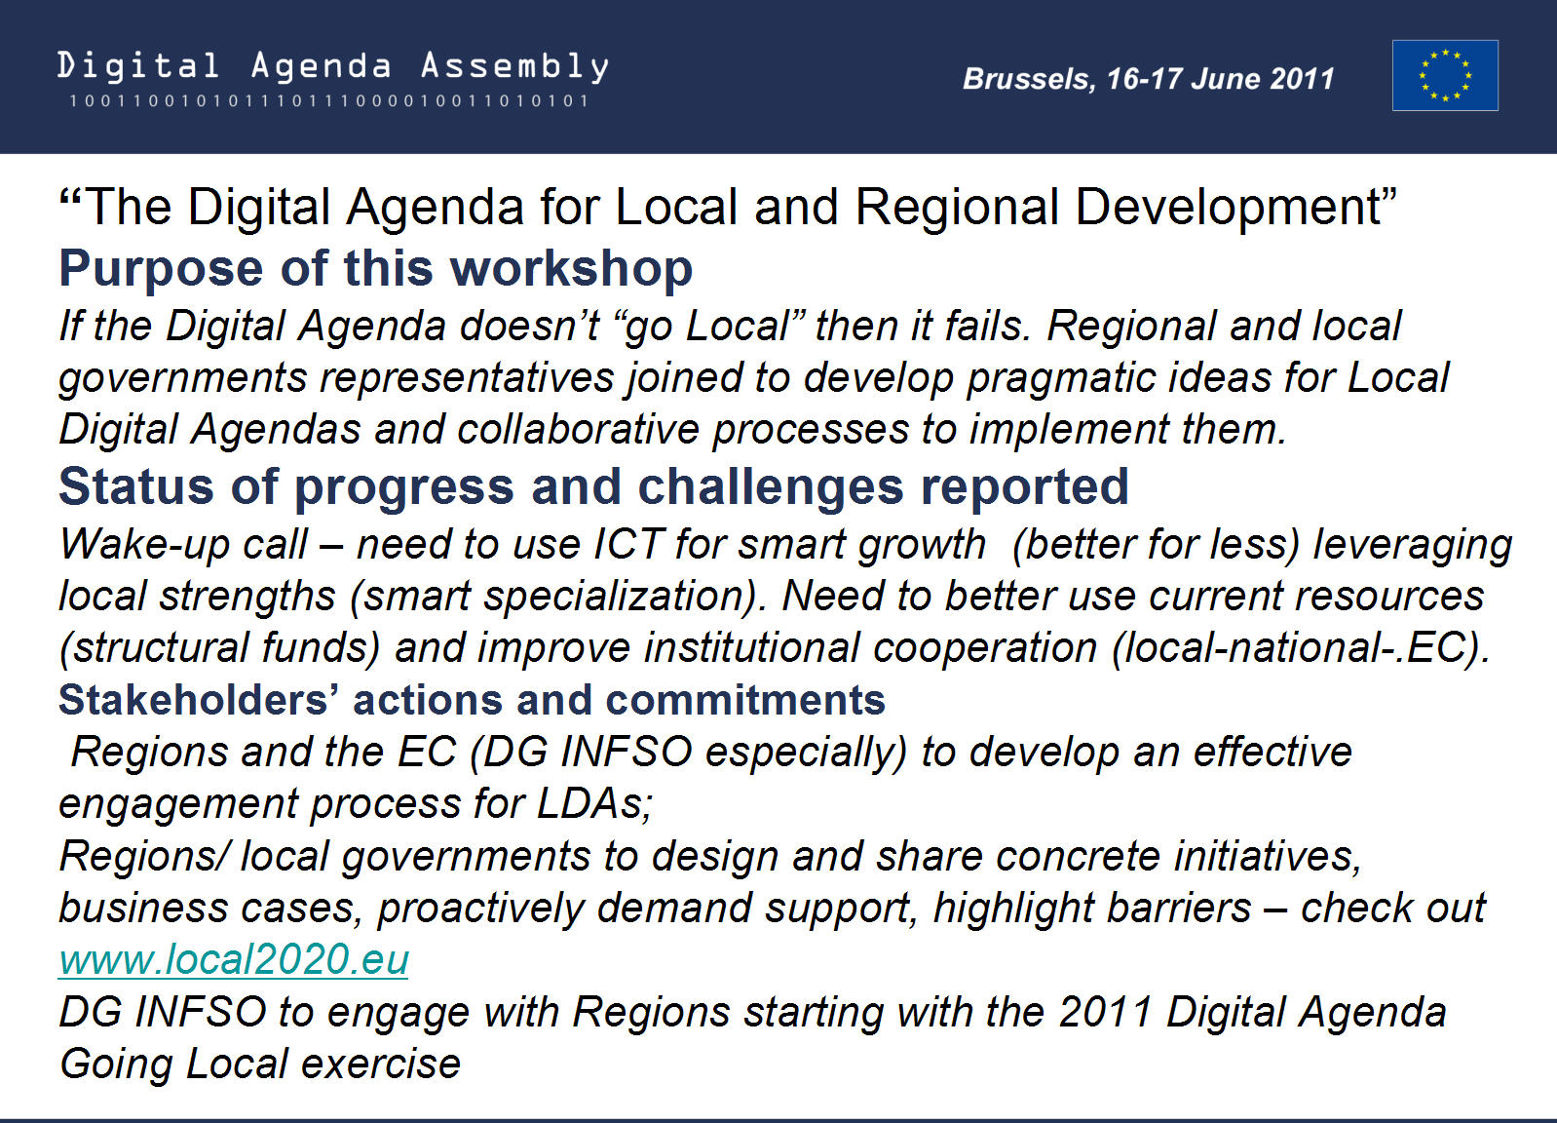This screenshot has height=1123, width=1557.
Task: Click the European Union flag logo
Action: (x=1445, y=75)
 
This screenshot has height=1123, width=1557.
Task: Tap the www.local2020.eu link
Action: (x=234, y=959)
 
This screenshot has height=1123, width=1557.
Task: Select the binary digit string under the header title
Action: (x=328, y=100)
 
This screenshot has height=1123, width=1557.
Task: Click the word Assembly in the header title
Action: (x=515, y=66)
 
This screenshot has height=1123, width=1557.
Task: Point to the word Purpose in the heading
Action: (x=162, y=269)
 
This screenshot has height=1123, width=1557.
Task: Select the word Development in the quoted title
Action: (x=1235, y=208)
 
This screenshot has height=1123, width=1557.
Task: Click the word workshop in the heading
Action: (x=571, y=269)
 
